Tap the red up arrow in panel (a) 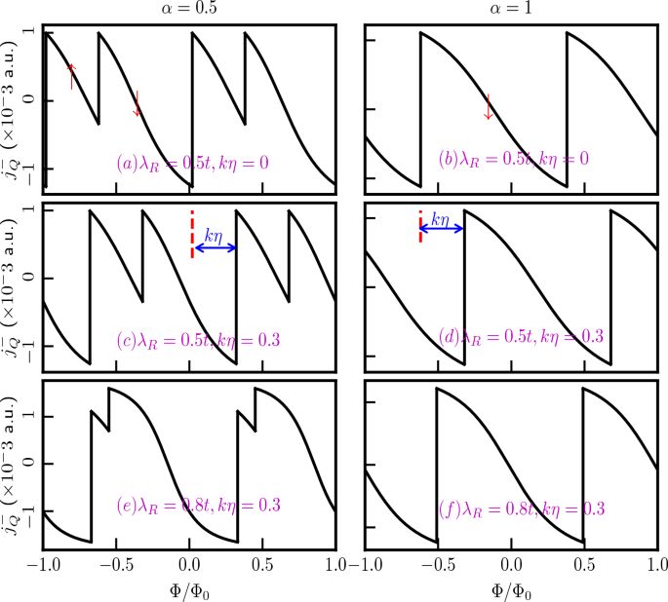tap(71, 76)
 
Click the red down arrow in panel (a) tap(138, 103)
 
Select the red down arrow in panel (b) tap(489, 107)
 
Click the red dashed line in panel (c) tap(192, 234)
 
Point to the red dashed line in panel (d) tap(420, 226)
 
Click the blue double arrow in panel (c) tap(215, 247)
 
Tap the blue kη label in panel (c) tap(215, 235)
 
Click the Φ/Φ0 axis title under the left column tap(190, 589)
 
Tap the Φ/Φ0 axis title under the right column tap(510, 589)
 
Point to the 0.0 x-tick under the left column tap(190, 566)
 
